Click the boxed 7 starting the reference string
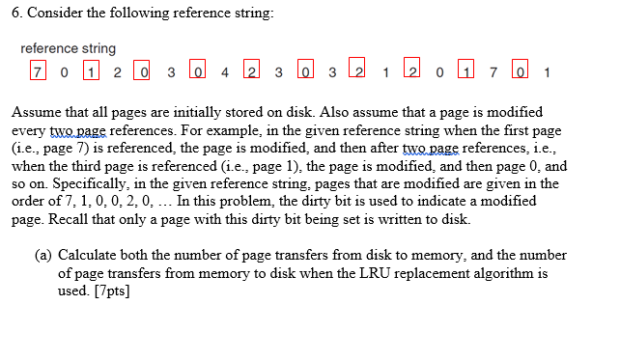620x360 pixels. (x=37, y=71)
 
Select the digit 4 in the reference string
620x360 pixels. (x=224, y=71)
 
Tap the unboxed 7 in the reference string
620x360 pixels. (x=493, y=71)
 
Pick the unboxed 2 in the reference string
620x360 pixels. (x=117, y=71)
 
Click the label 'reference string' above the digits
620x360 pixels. (x=68, y=48)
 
